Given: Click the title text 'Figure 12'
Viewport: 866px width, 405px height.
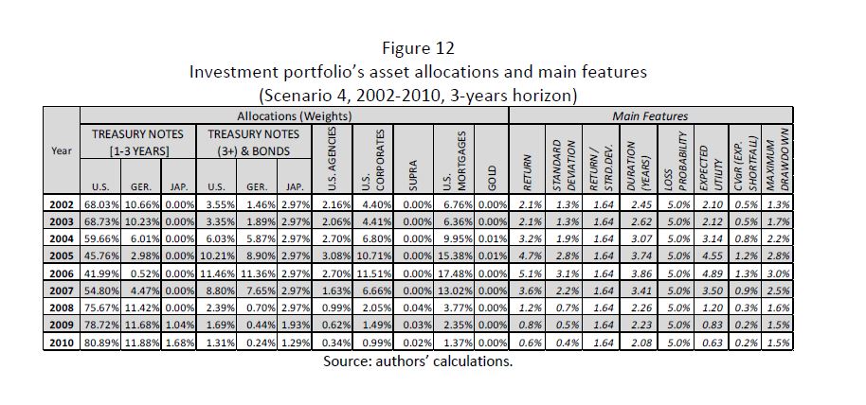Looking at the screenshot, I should pyautogui.click(x=432, y=47).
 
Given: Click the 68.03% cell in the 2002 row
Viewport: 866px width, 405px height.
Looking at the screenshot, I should pyautogui.click(x=100, y=202).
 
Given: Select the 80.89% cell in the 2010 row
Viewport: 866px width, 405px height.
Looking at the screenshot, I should pyautogui.click(x=100, y=341).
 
